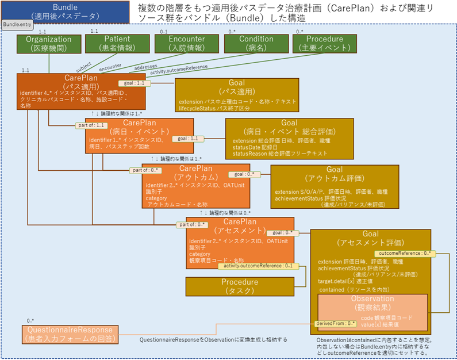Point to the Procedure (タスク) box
point(240,286)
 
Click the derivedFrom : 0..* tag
point(332,324)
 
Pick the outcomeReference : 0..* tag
point(405,253)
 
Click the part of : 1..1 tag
point(92,125)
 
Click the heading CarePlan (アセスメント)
point(240,225)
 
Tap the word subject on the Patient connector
point(84,65)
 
